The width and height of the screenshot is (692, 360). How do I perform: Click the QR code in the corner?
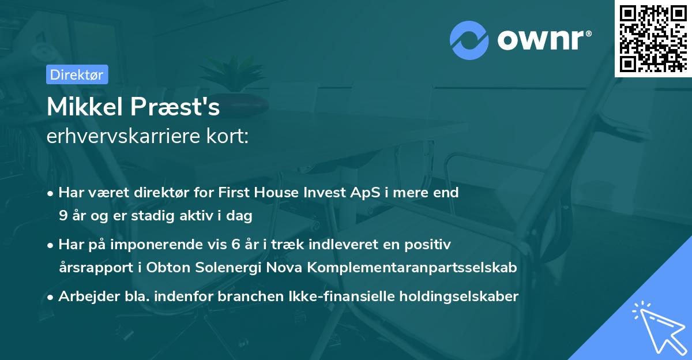(653, 38)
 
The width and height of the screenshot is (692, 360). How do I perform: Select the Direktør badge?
(76, 74)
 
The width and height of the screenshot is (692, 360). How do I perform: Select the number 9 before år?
(63, 216)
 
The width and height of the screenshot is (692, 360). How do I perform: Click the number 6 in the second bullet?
(235, 245)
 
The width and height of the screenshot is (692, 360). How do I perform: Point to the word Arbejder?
(85, 297)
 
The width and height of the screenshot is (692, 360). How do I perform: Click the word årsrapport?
(89, 268)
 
